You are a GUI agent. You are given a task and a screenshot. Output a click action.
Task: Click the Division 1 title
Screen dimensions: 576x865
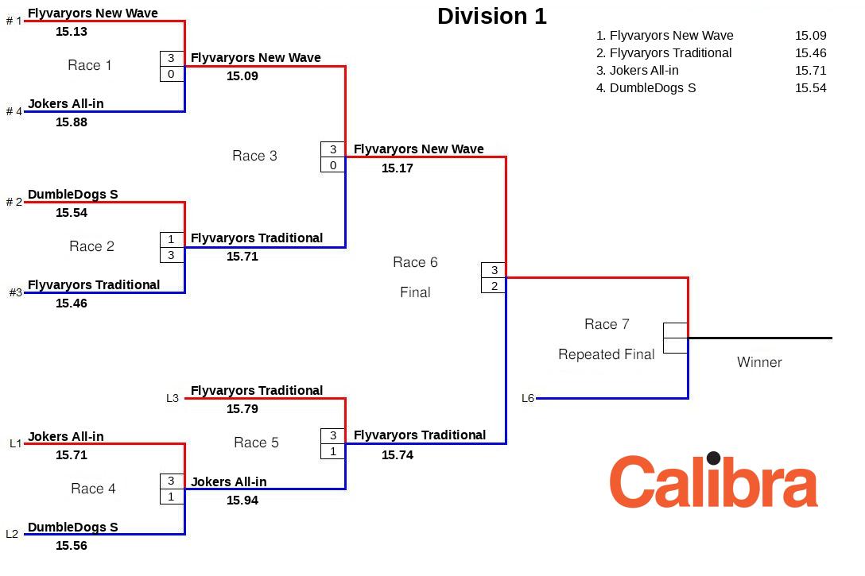click(x=491, y=17)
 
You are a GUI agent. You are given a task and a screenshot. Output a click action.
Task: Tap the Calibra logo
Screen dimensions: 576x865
click(x=713, y=481)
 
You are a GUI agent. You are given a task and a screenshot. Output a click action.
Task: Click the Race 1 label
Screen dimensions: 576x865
click(x=90, y=65)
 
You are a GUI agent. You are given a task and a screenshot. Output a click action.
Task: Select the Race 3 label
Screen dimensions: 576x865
click(x=254, y=156)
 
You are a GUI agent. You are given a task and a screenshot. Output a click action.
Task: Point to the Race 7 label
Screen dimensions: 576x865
click(x=607, y=324)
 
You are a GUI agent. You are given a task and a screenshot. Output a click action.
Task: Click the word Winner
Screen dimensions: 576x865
click(x=759, y=362)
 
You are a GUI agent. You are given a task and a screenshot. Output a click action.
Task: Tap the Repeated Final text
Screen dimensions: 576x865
click(x=606, y=354)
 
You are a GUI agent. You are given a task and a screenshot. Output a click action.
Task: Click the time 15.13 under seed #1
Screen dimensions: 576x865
click(x=72, y=32)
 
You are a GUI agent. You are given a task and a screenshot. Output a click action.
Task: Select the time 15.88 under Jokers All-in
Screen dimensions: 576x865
click(x=72, y=122)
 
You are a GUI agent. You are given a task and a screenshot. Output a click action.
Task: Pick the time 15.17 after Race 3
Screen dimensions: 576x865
click(x=398, y=168)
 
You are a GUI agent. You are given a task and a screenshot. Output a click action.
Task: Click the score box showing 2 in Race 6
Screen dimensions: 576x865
click(x=494, y=285)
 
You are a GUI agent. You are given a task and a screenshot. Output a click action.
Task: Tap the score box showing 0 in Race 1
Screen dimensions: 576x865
click(x=172, y=74)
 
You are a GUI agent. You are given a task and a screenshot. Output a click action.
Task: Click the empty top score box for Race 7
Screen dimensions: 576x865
click(x=675, y=331)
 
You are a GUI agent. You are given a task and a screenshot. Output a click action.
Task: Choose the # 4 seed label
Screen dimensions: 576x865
click(x=14, y=111)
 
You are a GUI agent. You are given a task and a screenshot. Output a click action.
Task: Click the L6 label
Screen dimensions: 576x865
click(x=528, y=399)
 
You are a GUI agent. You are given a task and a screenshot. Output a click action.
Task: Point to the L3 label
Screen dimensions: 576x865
click(x=173, y=399)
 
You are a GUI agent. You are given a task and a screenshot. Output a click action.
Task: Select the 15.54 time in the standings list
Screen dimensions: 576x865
click(x=810, y=88)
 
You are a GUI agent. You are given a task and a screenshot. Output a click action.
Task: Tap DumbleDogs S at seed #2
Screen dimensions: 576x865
click(x=72, y=195)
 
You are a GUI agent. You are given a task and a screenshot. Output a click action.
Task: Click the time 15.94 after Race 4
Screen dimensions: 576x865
click(x=242, y=501)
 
